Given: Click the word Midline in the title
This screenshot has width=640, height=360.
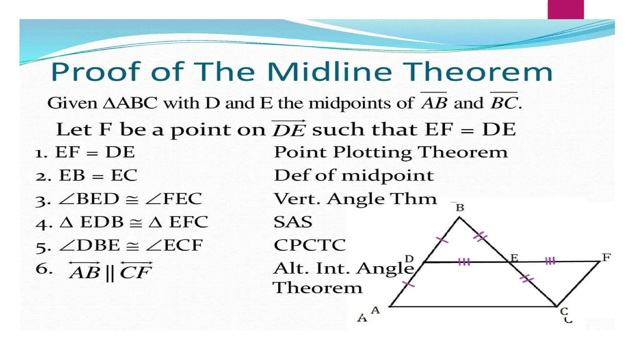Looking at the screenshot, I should (329, 72).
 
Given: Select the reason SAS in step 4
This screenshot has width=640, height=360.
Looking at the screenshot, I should (293, 222).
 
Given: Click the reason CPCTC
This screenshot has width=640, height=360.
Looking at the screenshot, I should (310, 245).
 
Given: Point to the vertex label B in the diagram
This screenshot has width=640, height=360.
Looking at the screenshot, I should (460, 207).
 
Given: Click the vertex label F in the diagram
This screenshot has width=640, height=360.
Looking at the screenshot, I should (606, 257).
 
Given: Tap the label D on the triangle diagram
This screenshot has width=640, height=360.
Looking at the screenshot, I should (409, 259).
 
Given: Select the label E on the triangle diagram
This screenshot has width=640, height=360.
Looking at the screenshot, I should (514, 258).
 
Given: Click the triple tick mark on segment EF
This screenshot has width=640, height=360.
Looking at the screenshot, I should (550, 261).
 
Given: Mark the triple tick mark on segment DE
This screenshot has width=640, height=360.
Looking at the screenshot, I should (464, 262).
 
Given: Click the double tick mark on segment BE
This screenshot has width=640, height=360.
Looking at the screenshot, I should (480, 237).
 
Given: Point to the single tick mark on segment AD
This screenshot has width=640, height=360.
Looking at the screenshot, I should (408, 284).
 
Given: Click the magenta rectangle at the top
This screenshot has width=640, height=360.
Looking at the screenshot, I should (566, 9).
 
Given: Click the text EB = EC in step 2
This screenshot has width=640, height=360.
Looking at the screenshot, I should (98, 175).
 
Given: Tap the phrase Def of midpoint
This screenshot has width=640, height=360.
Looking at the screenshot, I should (354, 175).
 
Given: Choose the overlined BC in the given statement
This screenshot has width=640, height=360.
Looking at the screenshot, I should (504, 102).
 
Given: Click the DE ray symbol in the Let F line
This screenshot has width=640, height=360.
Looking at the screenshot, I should (289, 129).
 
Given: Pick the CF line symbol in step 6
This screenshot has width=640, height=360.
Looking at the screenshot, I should (136, 271).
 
